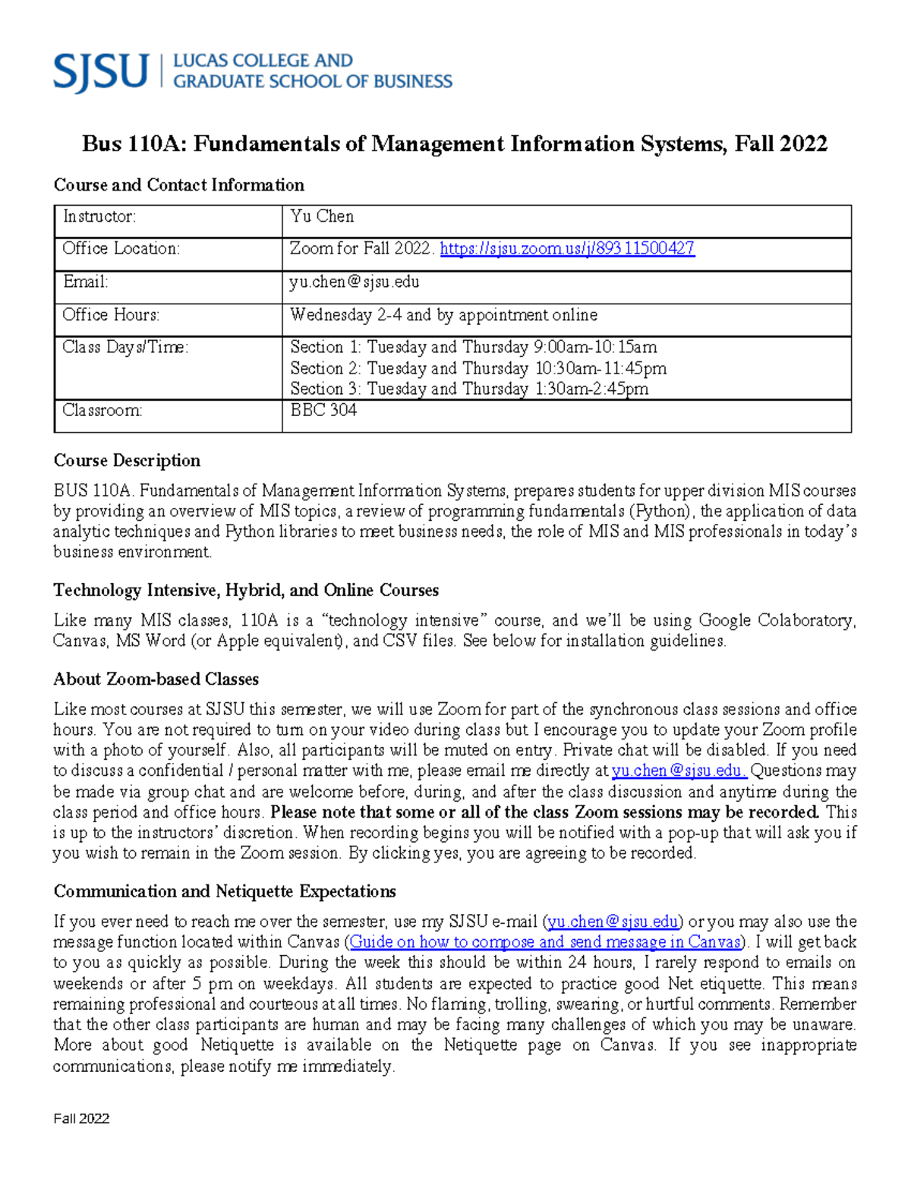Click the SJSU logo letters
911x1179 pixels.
tap(100, 72)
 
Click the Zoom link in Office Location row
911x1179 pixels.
tap(567, 248)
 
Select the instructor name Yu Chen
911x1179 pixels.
tap(322, 216)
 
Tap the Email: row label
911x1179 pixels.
tap(85, 282)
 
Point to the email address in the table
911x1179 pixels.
tap(354, 282)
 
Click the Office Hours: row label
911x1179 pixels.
tap(111, 314)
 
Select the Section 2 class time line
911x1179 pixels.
tap(478, 368)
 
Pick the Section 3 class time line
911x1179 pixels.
tap(469, 389)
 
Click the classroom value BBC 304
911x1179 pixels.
tap(323, 410)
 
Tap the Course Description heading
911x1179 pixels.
tap(127, 460)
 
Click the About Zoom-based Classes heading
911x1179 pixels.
tap(156, 679)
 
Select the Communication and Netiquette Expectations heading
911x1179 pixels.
tap(225, 891)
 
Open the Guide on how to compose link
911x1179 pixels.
tap(544, 942)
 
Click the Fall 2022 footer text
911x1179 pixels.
tap(81, 1118)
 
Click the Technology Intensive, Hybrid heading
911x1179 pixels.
tap(246, 590)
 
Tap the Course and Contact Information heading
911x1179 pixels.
tap(178, 184)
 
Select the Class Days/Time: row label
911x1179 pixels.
tap(125, 347)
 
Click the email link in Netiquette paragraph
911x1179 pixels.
tap(613, 922)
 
